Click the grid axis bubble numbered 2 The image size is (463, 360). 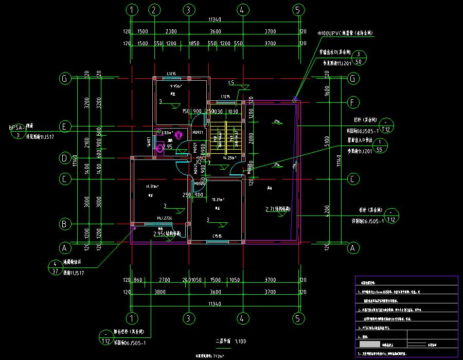153,10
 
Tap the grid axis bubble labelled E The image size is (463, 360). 65,126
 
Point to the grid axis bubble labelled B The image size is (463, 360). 65,224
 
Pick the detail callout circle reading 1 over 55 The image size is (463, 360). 380,146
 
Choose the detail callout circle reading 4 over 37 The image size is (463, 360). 55,267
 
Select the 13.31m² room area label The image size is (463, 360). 218,200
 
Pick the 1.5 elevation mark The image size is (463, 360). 231,83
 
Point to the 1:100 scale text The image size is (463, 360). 240,341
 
